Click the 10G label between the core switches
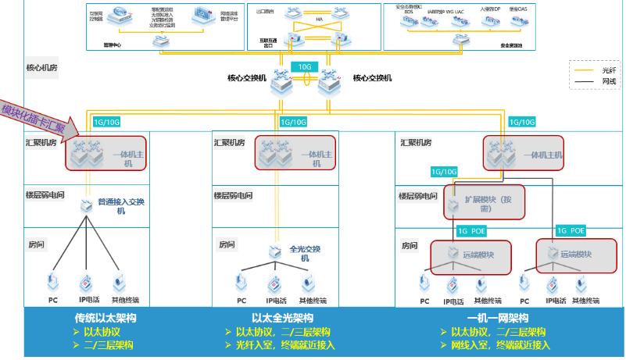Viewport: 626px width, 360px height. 306,67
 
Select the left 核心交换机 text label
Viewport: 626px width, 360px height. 247,78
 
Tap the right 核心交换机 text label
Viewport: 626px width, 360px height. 373,78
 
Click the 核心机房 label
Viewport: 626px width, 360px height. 41,68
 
